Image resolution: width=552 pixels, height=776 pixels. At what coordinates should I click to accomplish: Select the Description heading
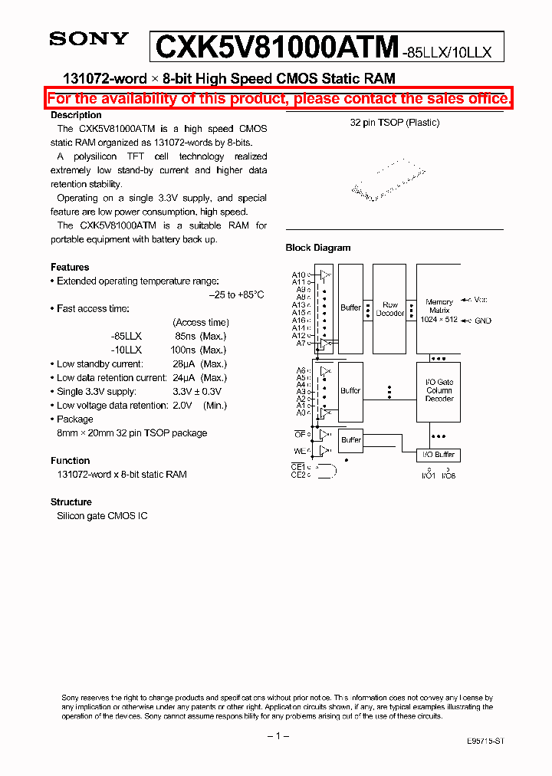pyautogui.click(x=76, y=115)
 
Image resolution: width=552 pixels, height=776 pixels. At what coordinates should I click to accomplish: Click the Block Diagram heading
pyautogui.click(x=318, y=248)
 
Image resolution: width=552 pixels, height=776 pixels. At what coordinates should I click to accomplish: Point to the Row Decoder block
pyautogui.click(x=390, y=308)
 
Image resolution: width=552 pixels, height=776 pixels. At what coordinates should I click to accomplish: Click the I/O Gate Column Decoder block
pyautogui.click(x=439, y=390)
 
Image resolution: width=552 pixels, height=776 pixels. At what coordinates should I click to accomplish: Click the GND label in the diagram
pyautogui.click(x=482, y=321)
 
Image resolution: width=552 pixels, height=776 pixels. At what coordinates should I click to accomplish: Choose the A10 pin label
pyautogui.click(x=298, y=275)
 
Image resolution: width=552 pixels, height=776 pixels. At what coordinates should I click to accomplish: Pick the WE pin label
pyautogui.click(x=300, y=451)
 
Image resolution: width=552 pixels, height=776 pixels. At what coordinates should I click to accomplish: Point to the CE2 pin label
pyautogui.click(x=297, y=475)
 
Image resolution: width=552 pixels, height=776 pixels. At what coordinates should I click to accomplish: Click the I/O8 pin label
pyautogui.click(x=448, y=475)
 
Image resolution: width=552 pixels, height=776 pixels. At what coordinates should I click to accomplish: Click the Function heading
pyautogui.click(x=71, y=461)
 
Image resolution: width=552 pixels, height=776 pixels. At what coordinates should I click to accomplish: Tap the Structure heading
pyautogui.click(x=71, y=502)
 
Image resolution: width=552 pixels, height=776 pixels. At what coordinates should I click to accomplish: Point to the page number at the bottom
pyautogui.click(x=278, y=736)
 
